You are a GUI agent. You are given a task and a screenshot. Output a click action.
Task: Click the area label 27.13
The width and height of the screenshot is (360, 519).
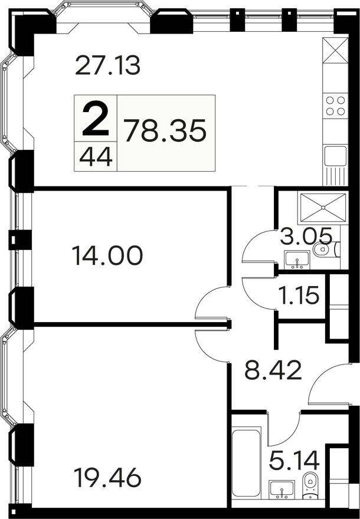[x=108, y=65]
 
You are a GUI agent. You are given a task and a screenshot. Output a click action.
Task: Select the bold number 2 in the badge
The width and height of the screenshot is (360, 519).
[x=96, y=118]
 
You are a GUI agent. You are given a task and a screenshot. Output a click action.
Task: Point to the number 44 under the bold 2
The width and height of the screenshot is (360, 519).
[x=96, y=157]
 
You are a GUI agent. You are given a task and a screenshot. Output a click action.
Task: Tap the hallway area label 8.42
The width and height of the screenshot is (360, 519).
[x=273, y=372]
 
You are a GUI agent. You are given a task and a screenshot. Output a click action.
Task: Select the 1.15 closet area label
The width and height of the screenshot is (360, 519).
[x=299, y=294]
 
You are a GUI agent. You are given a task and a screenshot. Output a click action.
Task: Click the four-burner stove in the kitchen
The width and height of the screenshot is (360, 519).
[x=335, y=106]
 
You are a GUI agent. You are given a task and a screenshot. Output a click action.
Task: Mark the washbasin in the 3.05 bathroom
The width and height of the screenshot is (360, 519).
[x=293, y=258]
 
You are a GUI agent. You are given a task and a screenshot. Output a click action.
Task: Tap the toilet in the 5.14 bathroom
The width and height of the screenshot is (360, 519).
[x=309, y=488]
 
